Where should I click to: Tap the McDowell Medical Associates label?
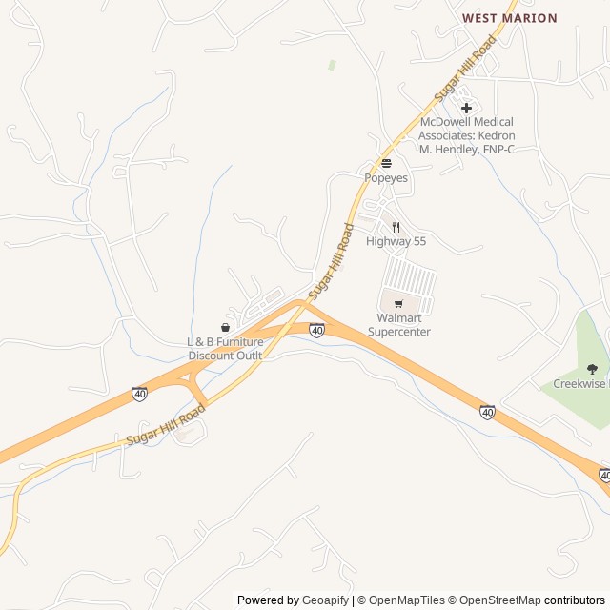(466, 135)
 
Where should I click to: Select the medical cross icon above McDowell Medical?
(466, 108)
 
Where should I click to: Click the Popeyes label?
(386, 178)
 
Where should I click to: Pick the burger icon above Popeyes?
(386, 163)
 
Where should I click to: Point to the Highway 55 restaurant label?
(396, 242)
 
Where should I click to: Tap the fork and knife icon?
(396, 227)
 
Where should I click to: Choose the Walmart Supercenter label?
(399, 325)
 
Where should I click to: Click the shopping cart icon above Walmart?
(398, 304)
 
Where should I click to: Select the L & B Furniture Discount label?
(225, 349)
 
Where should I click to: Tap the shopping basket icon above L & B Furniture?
(225, 328)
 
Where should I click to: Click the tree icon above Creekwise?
(592, 369)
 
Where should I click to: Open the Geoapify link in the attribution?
(326, 600)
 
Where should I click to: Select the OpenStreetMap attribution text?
(500, 600)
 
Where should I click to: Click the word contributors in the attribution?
(575, 600)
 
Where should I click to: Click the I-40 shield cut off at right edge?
(604, 475)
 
